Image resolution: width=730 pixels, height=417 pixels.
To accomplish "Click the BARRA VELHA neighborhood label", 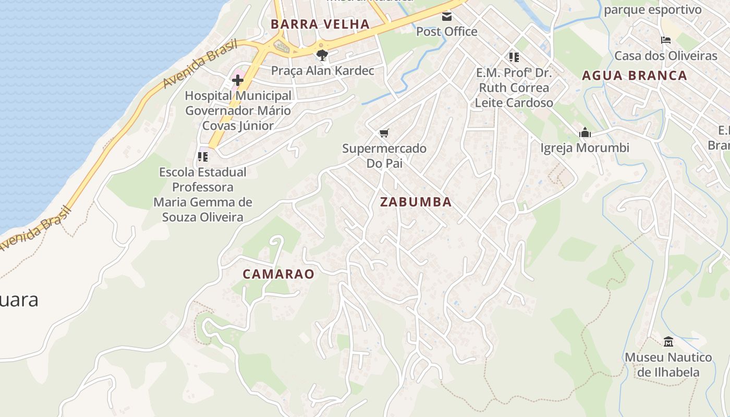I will tap(320, 24).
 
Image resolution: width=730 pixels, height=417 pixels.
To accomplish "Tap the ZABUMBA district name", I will tap(416, 202).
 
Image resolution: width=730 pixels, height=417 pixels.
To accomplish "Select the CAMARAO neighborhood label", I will tap(278, 274).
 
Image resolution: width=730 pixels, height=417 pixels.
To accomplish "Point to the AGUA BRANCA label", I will tap(635, 76).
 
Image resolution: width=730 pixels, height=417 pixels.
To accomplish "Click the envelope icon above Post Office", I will tap(447, 17).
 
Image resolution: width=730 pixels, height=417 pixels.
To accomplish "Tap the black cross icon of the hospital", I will tap(238, 80).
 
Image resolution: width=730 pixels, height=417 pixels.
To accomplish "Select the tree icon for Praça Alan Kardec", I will tap(322, 55).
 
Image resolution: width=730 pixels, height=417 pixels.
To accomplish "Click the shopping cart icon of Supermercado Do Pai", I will tap(384, 133).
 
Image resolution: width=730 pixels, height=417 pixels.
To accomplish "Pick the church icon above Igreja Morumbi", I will tap(585, 132).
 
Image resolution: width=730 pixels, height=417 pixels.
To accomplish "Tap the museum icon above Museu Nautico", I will tap(668, 342).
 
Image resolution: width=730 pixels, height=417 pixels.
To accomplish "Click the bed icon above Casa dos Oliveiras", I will tap(666, 40).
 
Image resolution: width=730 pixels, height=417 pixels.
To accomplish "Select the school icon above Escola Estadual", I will tap(203, 156).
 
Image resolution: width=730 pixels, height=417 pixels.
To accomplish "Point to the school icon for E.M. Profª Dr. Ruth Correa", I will tap(514, 57).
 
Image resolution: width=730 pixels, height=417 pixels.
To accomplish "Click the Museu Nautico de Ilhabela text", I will tap(668, 365).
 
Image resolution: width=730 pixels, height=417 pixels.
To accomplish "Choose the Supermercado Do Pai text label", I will tap(384, 156).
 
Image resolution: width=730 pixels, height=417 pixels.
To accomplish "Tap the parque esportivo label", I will tap(653, 9).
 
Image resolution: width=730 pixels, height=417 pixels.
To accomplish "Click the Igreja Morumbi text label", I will tap(585, 148).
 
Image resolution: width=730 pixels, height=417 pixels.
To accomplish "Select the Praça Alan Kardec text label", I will tap(322, 70).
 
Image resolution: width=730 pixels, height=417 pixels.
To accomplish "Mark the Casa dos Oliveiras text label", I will tap(666, 56).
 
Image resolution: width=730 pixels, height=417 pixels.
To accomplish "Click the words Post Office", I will tap(446, 32).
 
